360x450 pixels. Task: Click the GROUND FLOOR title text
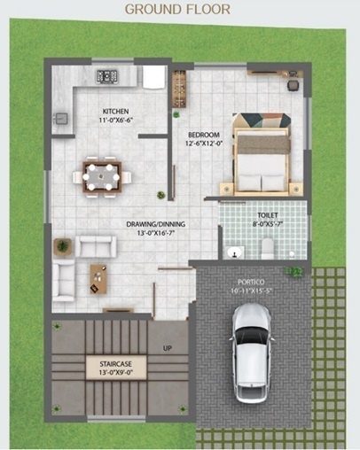point(177,10)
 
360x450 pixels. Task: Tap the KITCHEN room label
point(116,112)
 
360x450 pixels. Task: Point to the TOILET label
point(267,214)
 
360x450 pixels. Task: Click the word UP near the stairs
point(167,348)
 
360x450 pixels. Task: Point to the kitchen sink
point(63,116)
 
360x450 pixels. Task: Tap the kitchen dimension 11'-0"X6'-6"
point(115,121)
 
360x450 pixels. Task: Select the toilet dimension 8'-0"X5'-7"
point(267,224)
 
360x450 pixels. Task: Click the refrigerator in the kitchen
point(153,78)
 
